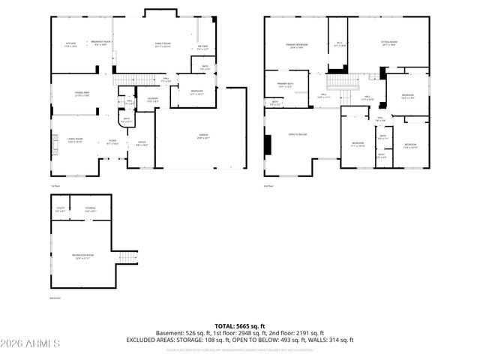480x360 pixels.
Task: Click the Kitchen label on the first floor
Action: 70,43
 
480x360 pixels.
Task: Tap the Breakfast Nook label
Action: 97,43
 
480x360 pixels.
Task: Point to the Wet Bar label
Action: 202,48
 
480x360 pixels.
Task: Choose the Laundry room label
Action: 152,99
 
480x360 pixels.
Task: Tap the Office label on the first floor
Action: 142,142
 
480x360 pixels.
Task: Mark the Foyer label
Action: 112,141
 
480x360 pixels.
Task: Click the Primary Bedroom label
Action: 298,46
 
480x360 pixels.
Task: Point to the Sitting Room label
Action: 388,43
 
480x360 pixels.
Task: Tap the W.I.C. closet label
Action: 339,43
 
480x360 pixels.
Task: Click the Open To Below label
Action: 298,134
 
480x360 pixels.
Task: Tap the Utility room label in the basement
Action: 59,209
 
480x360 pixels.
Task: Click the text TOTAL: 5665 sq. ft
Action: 239,325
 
